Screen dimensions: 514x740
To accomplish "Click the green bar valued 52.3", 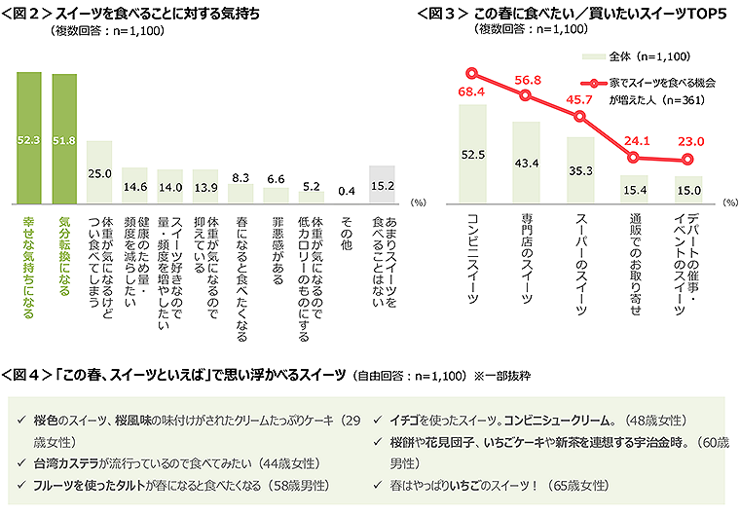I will [x=28, y=137].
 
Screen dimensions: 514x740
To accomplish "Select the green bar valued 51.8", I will [x=64, y=138].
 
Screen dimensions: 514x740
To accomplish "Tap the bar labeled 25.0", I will [x=99, y=171].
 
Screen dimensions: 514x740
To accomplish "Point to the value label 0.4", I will [x=346, y=191].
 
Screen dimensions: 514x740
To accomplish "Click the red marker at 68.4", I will [x=472, y=73].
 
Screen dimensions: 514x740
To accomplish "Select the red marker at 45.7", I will [x=580, y=116].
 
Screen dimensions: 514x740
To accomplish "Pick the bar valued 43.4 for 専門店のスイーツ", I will [x=526, y=163].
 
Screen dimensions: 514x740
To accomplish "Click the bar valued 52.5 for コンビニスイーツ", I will [x=472, y=154].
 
